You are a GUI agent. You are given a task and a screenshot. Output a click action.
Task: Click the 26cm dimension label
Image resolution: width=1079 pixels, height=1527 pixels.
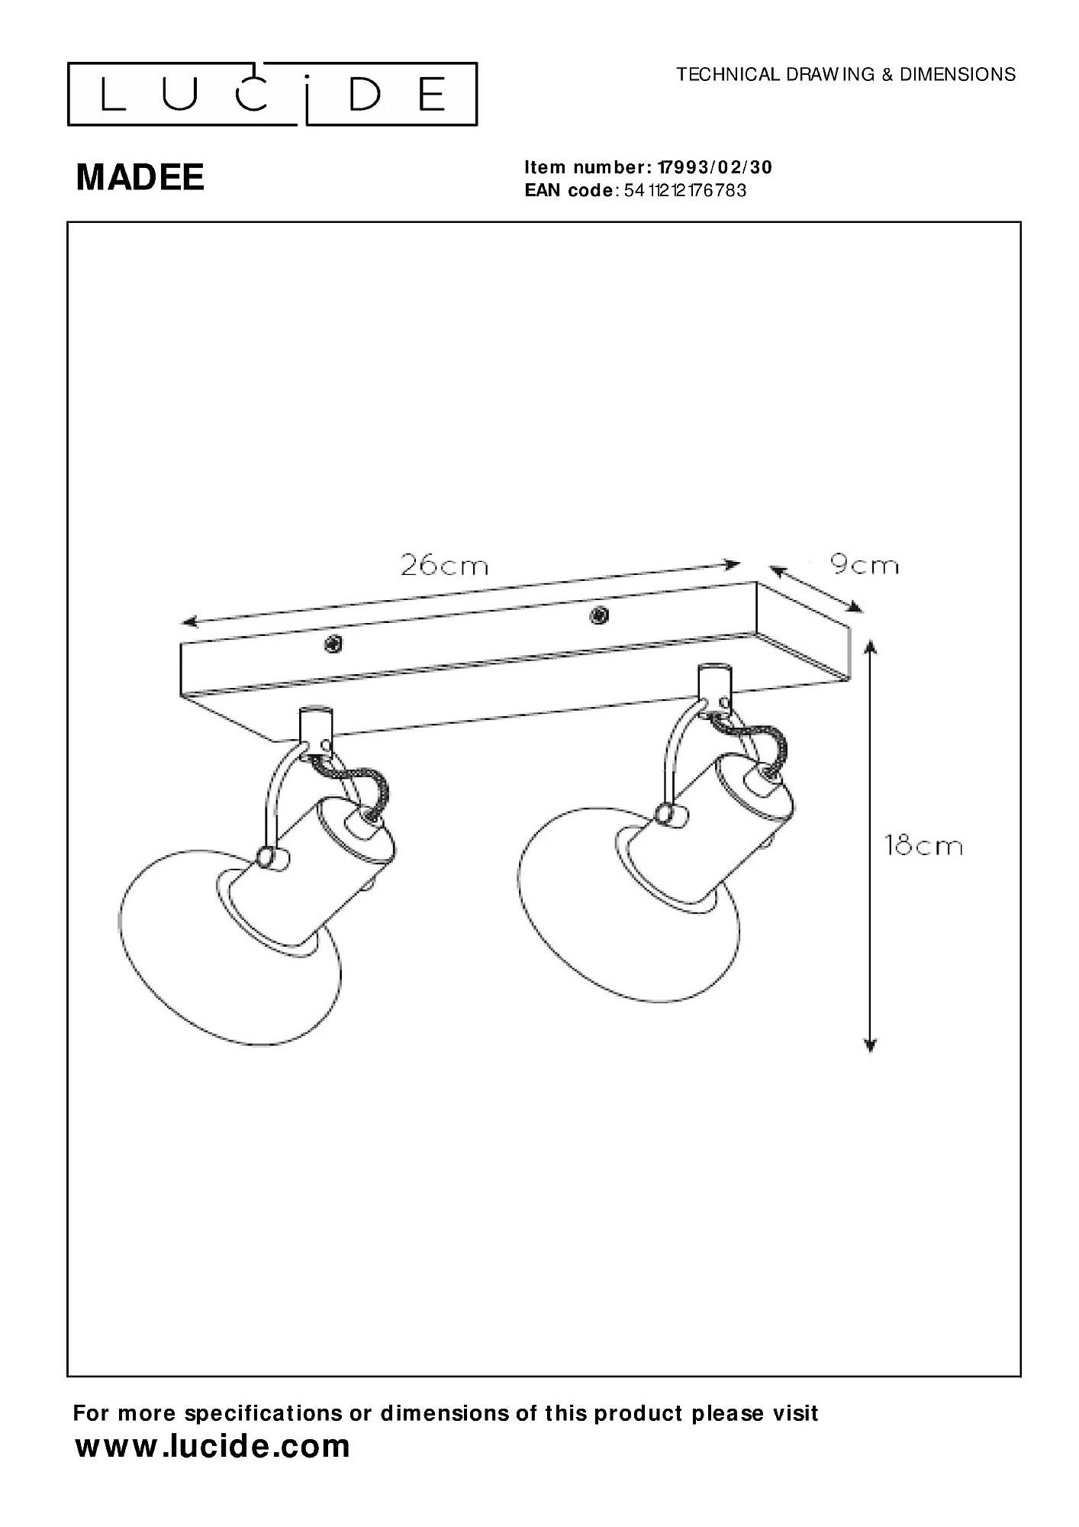(x=444, y=566)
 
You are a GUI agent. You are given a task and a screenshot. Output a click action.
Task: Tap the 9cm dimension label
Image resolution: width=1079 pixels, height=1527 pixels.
(x=864, y=566)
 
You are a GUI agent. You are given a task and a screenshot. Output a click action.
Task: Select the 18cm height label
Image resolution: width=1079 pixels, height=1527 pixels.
(x=923, y=846)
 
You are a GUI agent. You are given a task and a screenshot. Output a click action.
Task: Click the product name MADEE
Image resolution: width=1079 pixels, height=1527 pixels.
(x=140, y=178)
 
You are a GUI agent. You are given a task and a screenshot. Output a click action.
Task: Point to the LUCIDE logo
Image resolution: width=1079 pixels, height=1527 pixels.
(x=272, y=94)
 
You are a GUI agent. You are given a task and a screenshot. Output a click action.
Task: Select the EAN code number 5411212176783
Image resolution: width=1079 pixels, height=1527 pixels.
(x=685, y=190)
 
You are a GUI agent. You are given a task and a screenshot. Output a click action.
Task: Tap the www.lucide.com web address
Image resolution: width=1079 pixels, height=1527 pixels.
(x=213, y=1446)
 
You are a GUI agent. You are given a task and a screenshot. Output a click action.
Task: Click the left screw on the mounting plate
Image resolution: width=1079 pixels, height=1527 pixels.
(x=333, y=644)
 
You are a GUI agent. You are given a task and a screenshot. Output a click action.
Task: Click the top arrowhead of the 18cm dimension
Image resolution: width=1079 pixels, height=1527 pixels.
(x=871, y=647)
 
